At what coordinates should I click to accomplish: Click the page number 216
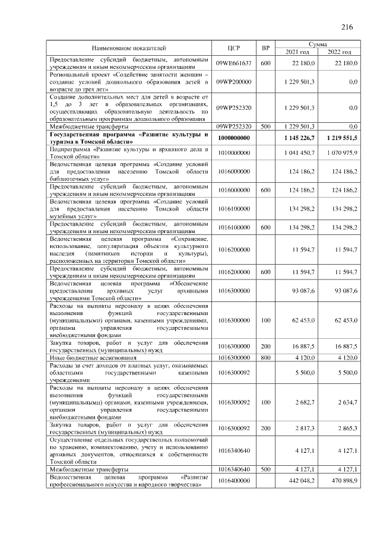[x=347, y=27]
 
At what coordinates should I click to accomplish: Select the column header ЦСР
[x=233, y=47]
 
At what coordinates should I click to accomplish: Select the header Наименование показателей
[x=129, y=47]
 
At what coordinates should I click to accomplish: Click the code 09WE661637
[x=233, y=63]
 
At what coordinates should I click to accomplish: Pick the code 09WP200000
[x=233, y=81]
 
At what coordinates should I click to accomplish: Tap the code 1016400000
[x=233, y=480]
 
